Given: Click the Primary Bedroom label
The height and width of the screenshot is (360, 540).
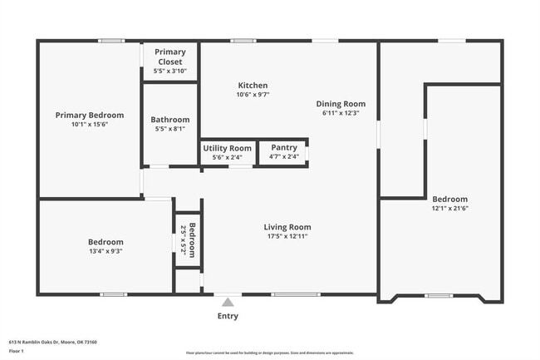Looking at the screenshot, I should coord(90,115).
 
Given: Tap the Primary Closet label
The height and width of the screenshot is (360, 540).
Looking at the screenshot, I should coord(169,57).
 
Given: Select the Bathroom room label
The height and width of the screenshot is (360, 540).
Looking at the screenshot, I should coord(170,120).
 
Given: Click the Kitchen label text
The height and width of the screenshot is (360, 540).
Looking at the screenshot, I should coord(253,86).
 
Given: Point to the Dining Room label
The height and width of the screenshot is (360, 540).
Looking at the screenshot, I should coord(341,104).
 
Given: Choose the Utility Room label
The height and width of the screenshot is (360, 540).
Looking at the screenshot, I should coord(227,148).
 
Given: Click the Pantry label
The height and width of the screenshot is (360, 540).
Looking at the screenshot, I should coord(283,148).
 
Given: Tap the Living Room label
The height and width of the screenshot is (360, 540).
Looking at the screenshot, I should coord(287,227).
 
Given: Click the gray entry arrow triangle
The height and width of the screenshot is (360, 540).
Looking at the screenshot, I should coord(228,303).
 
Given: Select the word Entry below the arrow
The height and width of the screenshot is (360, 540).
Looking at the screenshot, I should coord(228,316).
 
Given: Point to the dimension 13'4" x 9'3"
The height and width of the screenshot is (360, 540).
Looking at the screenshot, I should coord(106,250).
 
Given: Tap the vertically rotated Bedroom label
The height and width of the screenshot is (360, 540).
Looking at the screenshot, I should coord(192,240).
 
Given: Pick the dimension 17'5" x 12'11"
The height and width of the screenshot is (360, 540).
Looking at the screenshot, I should coord(287,236).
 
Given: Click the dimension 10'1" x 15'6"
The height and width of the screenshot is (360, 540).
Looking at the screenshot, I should coord(90,124).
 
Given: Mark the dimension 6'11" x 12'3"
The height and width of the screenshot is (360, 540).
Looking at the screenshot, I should coord(341,113).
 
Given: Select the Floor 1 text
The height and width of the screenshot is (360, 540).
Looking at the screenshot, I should coord(17,351).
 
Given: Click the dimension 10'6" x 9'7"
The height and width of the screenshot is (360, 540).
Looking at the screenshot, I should coord(253,95).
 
